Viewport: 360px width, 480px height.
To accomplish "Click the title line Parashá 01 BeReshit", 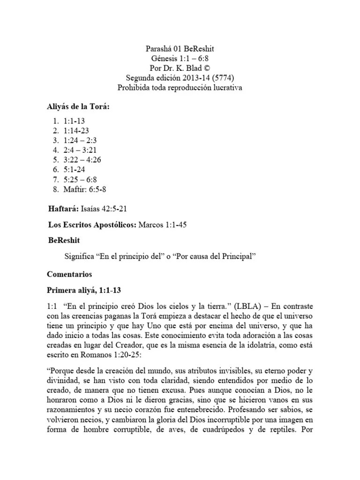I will [180, 49].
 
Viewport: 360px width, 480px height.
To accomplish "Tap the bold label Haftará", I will [64, 209].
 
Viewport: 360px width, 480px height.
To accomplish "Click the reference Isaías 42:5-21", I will [104, 209].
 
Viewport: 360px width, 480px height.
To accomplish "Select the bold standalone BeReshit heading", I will [64, 240].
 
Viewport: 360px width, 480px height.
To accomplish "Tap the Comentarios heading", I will [70, 274].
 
